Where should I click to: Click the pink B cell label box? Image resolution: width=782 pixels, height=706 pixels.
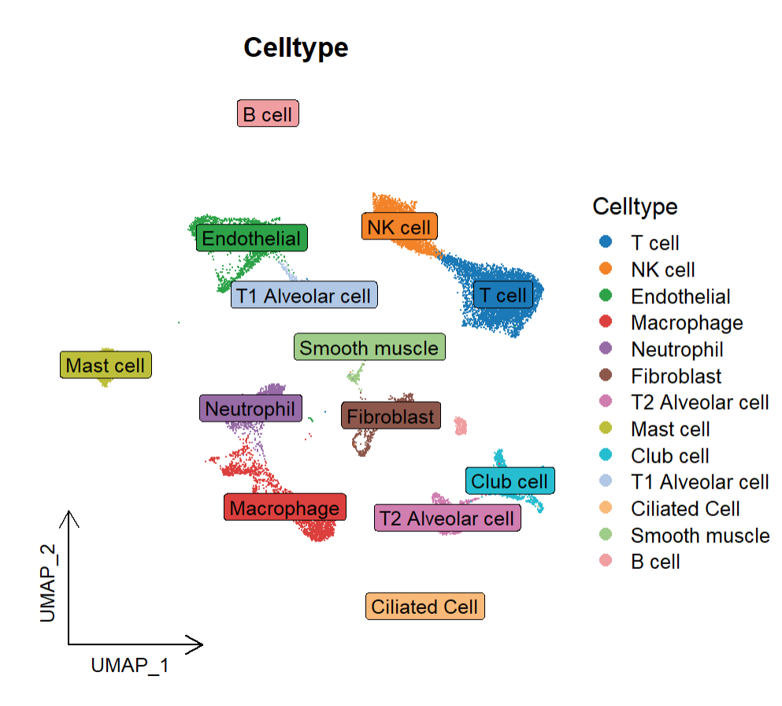[268, 113]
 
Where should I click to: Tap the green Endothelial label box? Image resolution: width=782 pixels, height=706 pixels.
[252, 238]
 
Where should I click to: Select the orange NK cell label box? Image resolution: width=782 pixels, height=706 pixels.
[399, 226]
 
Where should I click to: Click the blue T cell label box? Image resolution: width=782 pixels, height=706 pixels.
[503, 295]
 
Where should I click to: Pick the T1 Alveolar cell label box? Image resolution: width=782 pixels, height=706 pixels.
[304, 295]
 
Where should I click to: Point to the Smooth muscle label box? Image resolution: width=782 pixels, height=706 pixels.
[369, 347]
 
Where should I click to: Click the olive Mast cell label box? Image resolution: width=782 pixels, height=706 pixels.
[106, 365]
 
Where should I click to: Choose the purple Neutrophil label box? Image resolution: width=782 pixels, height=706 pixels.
[251, 408]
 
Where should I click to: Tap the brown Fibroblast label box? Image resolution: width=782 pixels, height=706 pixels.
[391, 415]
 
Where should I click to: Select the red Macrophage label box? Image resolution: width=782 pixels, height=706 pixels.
[285, 507]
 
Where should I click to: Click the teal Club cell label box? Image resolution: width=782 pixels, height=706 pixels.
[510, 481]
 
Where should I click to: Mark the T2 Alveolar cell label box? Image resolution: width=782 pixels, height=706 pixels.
[447, 518]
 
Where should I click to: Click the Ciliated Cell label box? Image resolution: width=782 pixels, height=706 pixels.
[425, 606]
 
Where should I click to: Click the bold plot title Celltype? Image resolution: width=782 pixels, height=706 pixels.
[296, 48]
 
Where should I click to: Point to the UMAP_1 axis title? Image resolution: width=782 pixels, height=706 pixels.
[130, 666]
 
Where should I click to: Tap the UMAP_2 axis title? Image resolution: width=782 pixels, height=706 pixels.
[48, 583]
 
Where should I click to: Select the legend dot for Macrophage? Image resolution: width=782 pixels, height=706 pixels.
[606, 321]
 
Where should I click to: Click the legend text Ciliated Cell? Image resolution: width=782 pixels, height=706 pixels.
[685, 509]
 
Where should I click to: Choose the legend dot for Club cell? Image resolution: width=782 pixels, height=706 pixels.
[606, 455]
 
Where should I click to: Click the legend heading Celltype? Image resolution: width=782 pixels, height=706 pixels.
[635, 206]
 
